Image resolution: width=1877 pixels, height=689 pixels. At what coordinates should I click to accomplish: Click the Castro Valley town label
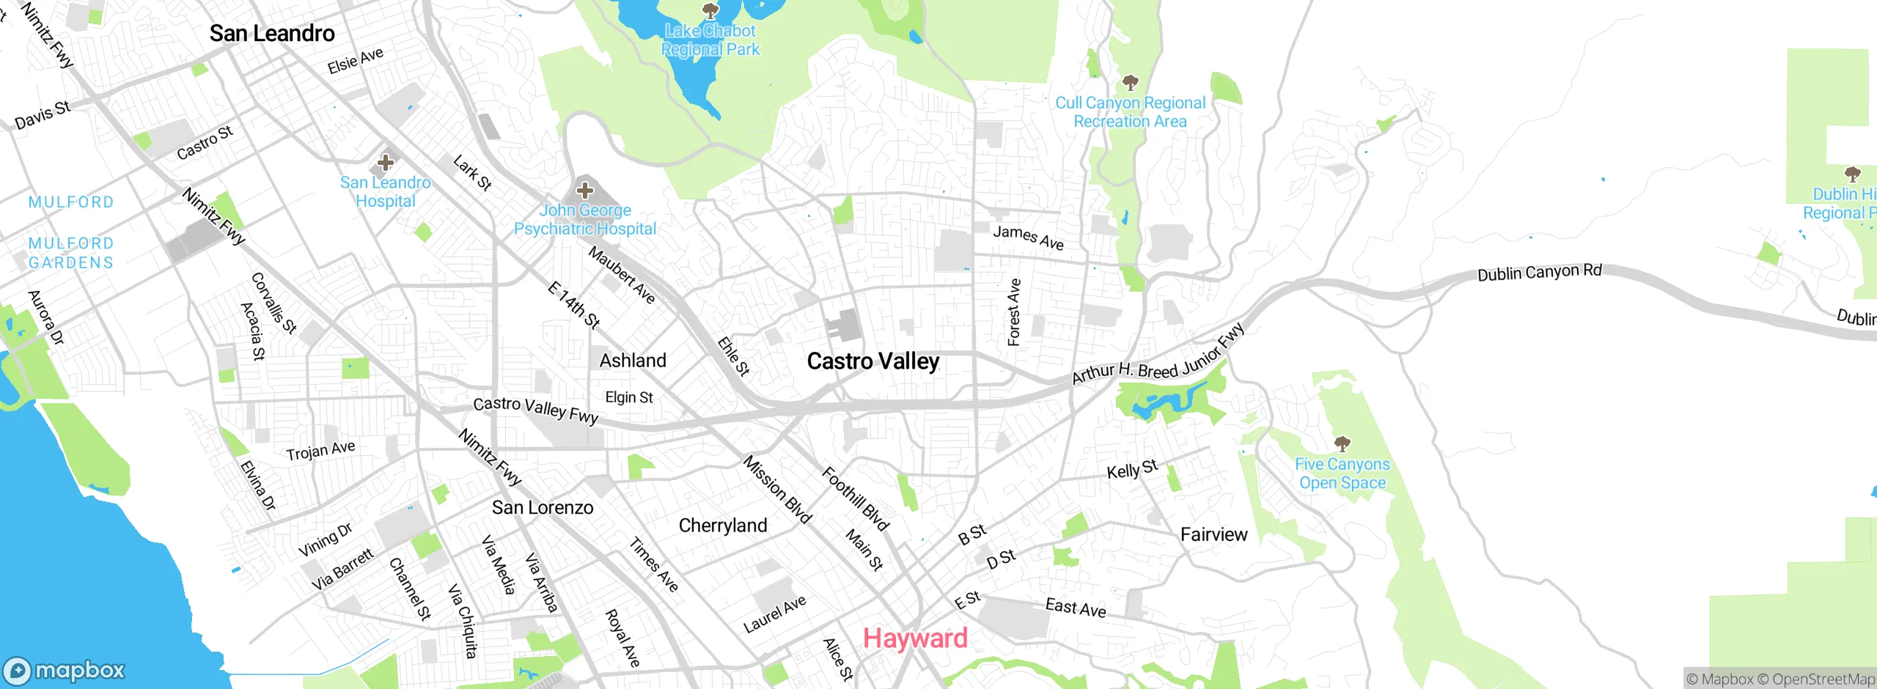(x=873, y=361)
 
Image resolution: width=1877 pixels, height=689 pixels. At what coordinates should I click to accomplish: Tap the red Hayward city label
(x=915, y=638)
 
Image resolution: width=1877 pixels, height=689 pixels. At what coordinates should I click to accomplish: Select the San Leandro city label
(x=272, y=34)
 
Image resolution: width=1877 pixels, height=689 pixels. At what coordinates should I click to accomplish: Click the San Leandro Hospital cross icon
(x=386, y=162)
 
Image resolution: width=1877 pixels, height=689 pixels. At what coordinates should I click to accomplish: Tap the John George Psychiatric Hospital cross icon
(x=584, y=191)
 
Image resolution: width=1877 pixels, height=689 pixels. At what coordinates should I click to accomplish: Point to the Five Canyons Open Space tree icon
(x=1342, y=443)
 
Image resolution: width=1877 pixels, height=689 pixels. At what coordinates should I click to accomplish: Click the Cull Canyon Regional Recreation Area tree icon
(x=1130, y=82)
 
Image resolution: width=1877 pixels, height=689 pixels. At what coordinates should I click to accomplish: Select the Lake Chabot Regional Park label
(x=710, y=40)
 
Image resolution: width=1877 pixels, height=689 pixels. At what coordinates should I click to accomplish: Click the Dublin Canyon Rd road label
(x=1539, y=273)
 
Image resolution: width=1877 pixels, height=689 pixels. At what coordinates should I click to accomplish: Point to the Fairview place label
(x=1213, y=535)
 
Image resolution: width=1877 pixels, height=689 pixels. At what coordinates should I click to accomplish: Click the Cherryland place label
(x=723, y=526)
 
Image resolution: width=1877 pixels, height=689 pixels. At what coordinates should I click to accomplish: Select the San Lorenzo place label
(x=543, y=508)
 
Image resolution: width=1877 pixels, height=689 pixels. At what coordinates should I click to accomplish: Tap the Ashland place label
(x=633, y=361)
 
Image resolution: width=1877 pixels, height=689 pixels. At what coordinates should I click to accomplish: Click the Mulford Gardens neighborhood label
(x=71, y=253)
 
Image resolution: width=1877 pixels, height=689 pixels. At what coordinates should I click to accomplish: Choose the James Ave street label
(x=1028, y=237)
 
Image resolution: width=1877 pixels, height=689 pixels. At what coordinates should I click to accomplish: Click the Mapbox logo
(x=65, y=670)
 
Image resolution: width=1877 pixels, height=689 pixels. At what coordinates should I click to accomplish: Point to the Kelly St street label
(x=1132, y=469)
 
